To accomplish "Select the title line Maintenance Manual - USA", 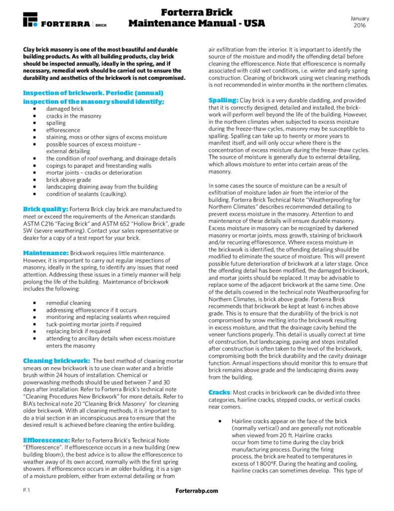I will [197, 23].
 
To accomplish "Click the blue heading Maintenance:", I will [45, 253].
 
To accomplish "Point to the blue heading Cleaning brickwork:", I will [57, 360].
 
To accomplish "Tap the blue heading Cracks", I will [219, 393].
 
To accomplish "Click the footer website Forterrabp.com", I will [197, 491].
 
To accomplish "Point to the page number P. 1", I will [26, 491].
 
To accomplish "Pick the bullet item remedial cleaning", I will [69, 302].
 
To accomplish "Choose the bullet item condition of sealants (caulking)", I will [86, 194].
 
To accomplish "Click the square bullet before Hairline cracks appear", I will [219, 421].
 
